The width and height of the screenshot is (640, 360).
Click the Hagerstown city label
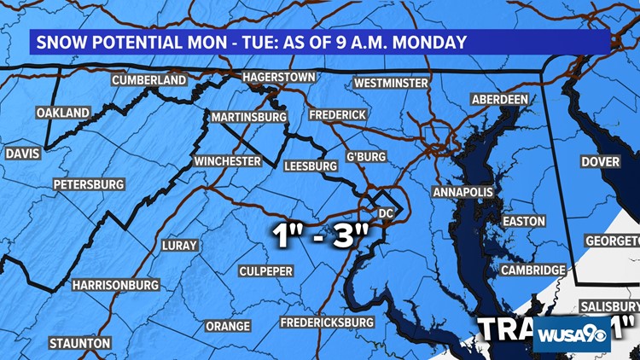click(x=279, y=77)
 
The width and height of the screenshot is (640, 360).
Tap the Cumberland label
click(x=148, y=80)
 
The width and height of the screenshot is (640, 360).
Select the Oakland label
click(x=62, y=113)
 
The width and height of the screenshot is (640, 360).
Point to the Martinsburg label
click(x=247, y=117)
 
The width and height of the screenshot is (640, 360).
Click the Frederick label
click(x=337, y=114)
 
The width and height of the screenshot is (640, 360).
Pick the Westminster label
click(x=391, y=84)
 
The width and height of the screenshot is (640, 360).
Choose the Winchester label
click(x=226, y=161)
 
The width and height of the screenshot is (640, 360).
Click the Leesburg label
click(x=311, y=166)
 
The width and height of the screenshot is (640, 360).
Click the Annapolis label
click(x=463, y=193)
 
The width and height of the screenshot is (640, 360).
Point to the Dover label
click(x=600, y=161)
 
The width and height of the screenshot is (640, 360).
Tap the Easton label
click(x=523, y=221)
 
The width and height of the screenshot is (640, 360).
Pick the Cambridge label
click(x=532, y=270)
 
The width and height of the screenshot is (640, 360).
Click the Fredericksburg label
click(x=328, y=322)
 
